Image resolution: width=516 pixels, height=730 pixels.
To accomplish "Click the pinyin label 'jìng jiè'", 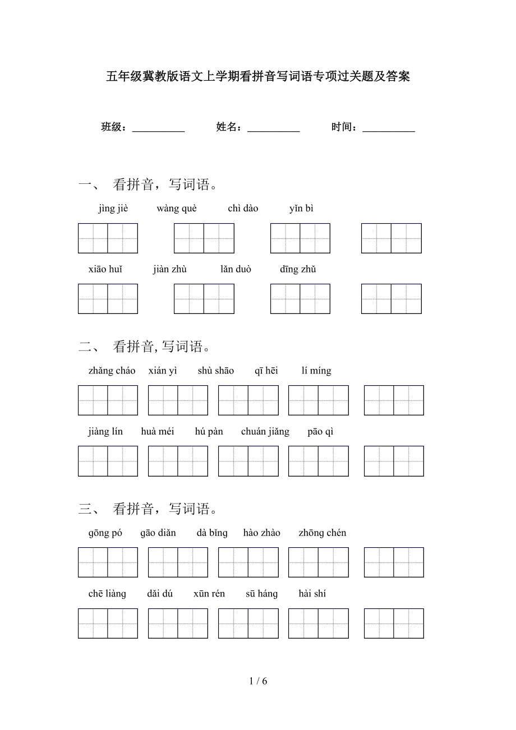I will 113,209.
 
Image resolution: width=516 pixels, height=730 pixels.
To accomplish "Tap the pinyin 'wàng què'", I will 177,209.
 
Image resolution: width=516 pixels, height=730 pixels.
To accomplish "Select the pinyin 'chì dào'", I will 243,209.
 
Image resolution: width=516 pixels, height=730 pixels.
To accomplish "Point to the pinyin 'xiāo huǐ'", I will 105,269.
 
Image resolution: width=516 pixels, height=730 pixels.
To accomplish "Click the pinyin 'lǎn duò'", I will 236,269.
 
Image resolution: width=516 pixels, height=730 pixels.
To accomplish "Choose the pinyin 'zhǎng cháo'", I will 112,371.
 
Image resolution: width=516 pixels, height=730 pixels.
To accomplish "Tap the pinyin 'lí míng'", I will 316,371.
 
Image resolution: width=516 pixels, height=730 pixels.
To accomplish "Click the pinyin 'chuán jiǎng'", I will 265,431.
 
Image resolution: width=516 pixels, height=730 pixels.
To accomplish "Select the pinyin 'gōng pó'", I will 105,533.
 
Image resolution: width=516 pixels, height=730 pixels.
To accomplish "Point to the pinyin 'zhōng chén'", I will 322,533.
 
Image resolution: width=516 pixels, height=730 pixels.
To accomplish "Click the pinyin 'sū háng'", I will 261,594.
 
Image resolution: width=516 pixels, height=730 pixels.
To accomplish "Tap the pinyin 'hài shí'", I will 312,594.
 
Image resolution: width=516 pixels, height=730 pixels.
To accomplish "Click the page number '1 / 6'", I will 258,681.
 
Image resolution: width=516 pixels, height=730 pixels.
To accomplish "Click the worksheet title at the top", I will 258,76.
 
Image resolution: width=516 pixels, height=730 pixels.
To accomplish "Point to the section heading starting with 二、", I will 145,346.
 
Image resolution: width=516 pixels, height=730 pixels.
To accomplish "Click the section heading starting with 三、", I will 148,509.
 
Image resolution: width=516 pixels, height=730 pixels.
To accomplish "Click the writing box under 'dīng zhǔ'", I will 391,299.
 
